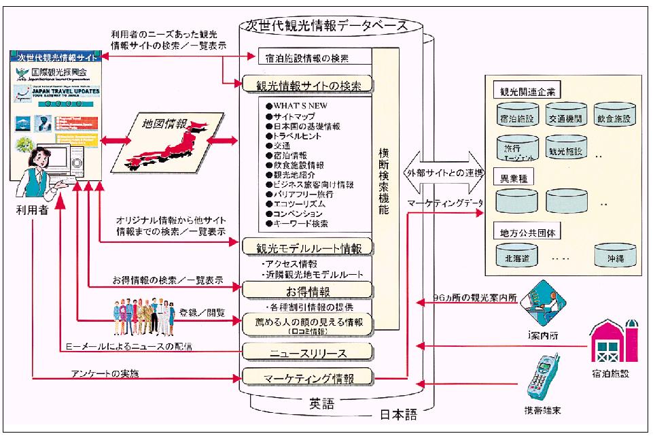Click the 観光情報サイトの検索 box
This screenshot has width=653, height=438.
click(307, 85)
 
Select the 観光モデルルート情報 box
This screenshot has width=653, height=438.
click(307, 246)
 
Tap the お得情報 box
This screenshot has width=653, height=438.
click(307, 291)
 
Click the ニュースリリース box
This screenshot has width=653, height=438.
click(307, 352)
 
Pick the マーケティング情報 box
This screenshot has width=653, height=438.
click(307, 376)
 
